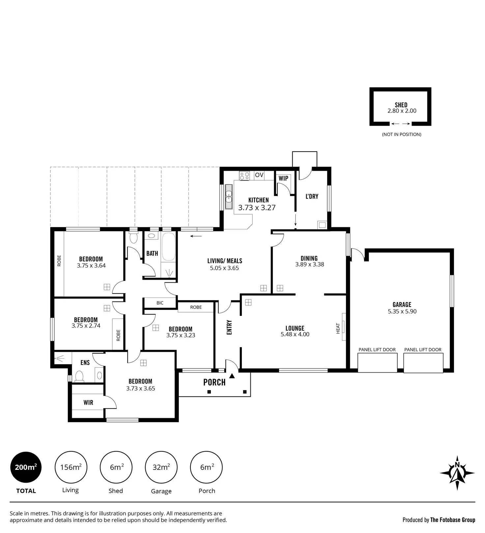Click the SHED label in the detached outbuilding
(401, 105)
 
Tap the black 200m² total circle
(26, 467)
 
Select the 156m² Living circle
(71, 467)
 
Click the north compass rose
(457, 473)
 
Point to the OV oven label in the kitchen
(259, 175)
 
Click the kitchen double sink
(229, 196)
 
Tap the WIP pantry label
(283, 178)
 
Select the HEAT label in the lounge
(338, 328)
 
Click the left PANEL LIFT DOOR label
(377, 350)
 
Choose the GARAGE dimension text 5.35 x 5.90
(402, 312)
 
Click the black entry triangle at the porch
(232, 376)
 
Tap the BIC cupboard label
(160, 303)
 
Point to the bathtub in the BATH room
(168, 247)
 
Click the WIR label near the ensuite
(88, 403)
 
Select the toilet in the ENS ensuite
(79, 376)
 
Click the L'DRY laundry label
(312, 196)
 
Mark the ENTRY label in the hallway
(229, 327)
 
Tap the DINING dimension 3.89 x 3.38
(310, 265)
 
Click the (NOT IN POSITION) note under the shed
(402, 134)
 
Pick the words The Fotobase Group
(453, 520)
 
